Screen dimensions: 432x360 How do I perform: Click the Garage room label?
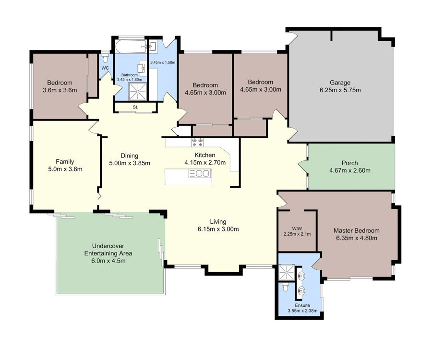[x=340, y=83]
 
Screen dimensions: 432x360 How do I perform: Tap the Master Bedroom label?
[x=357, y=230]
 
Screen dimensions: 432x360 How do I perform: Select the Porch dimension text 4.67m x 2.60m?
[x=349, y=170]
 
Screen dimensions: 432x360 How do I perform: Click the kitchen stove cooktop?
[x=198, y=142]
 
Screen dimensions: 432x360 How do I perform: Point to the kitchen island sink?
[x=200, y=174]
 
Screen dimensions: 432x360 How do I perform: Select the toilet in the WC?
[x=105, y=59]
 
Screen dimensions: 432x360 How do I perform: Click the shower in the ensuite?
[x=287, y=273]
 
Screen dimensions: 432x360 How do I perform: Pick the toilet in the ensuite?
[x=285, y=288]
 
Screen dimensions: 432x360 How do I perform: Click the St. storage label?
[x=135, y=107]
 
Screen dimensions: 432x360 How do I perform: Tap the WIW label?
[x=297, y=228]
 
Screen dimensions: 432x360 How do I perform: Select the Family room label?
[x=65, y=162]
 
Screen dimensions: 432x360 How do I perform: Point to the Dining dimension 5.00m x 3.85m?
[x=130, y=163]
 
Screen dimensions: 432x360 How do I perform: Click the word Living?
[x=218, y=222]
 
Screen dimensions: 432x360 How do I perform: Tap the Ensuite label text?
[x=302, y=305]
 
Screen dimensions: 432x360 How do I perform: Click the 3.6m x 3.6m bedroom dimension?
[x=60, y=90]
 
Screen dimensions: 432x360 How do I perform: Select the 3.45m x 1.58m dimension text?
[x=163, y=62]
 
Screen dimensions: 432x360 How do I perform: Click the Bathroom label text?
[x=130, y=75]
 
